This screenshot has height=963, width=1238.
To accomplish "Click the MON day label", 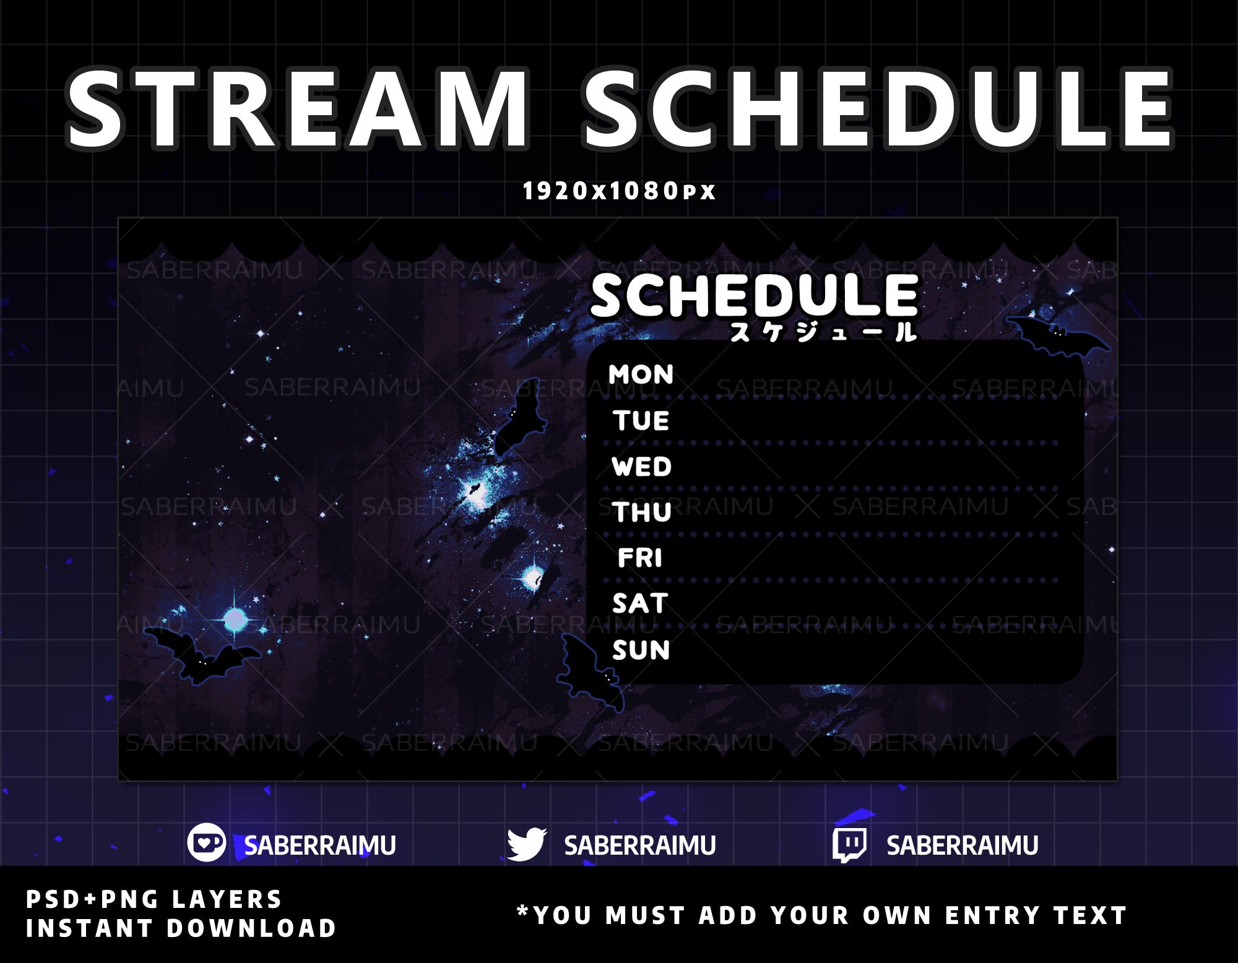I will click(x=641, y=375).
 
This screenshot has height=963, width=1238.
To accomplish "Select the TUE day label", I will click(x=641, y=421).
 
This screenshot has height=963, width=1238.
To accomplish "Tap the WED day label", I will click(x=641, y=467).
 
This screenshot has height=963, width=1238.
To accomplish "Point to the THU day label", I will click(x=641, y=512).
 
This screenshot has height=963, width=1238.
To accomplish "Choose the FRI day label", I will click(x=640, y=558).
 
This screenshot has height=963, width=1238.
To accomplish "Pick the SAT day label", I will click(x=640, y=603).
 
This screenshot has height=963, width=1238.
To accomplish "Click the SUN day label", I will click(x=641, y=650).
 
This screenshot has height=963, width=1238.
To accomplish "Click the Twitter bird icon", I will click(x=526, y=844).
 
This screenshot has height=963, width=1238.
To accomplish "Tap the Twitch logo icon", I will click(x=849, y=845).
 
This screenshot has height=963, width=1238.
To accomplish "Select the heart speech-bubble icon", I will click(x=206, y=843).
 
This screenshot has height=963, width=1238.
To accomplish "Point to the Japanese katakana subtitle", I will click(x=823, y=333).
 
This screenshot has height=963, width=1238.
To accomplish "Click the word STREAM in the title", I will click(x=297, y=110).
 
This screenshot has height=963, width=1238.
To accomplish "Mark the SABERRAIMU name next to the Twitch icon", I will click(x=962, y=845).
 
